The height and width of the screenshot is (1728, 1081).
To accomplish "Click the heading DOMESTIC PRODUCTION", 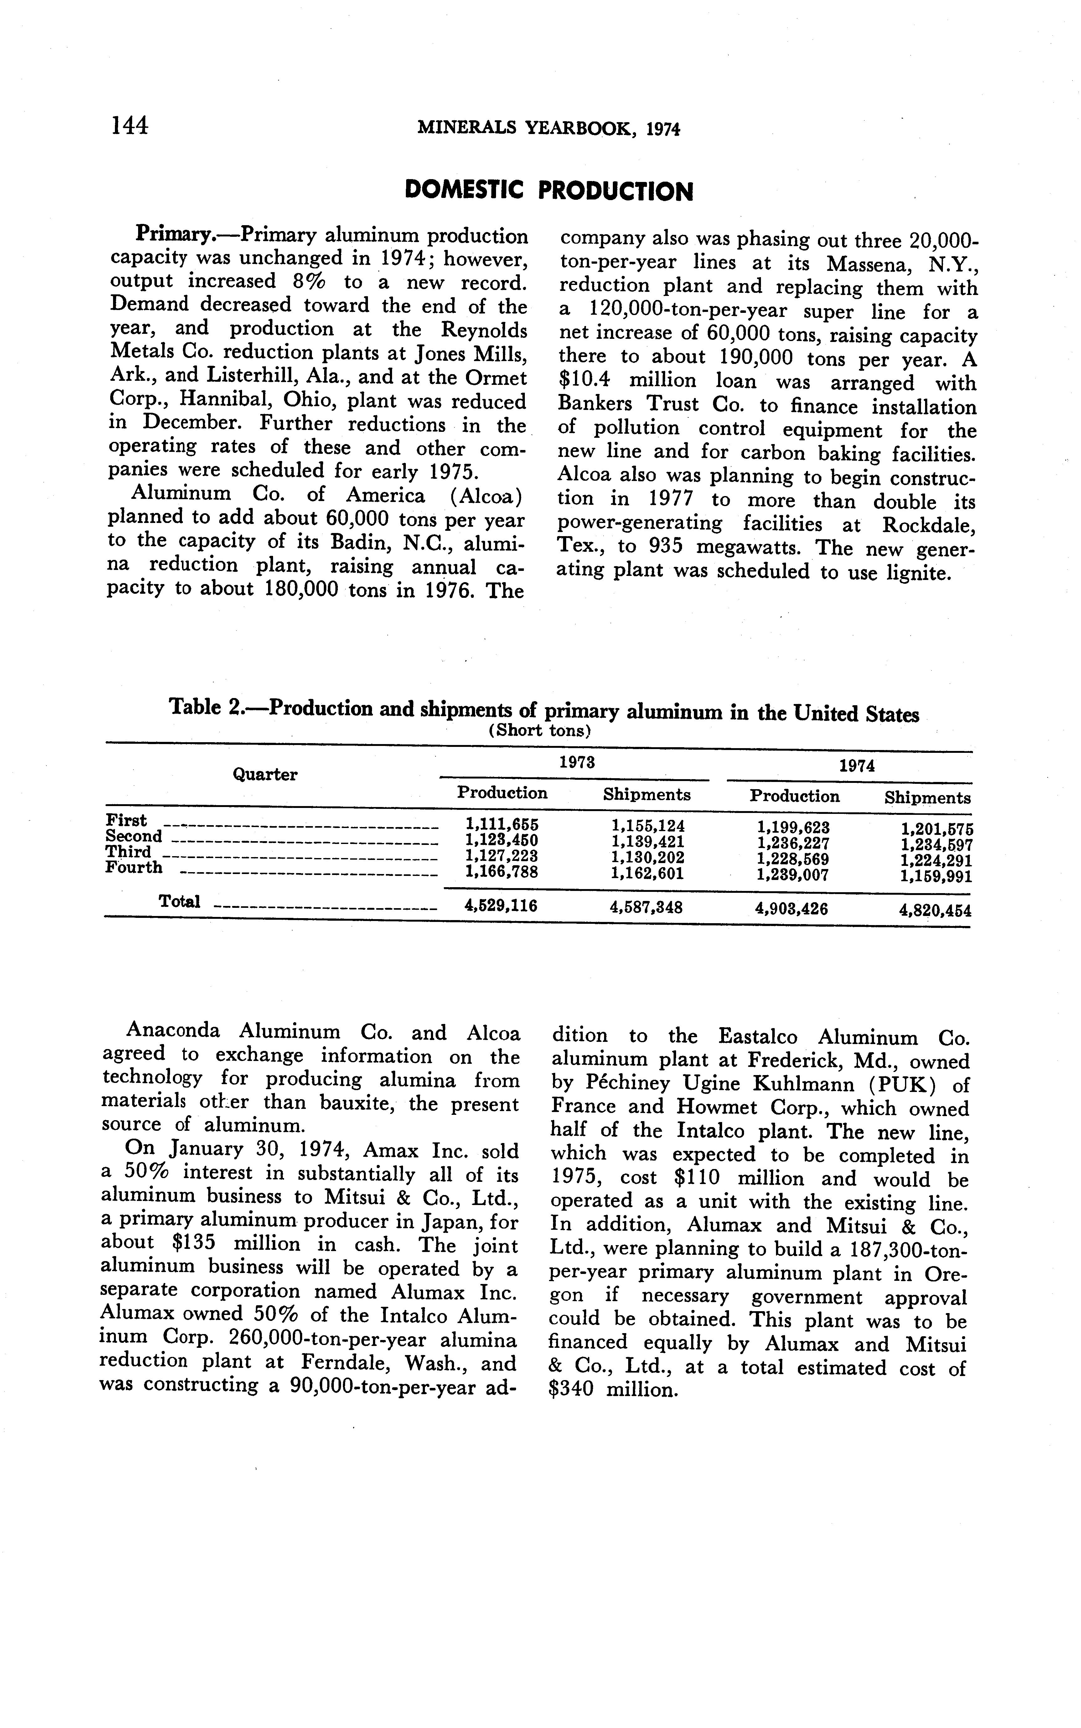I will point(548,191).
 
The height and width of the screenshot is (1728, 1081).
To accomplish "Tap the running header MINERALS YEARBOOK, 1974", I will point(548,129).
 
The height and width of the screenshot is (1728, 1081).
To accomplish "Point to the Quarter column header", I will point(265,774).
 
